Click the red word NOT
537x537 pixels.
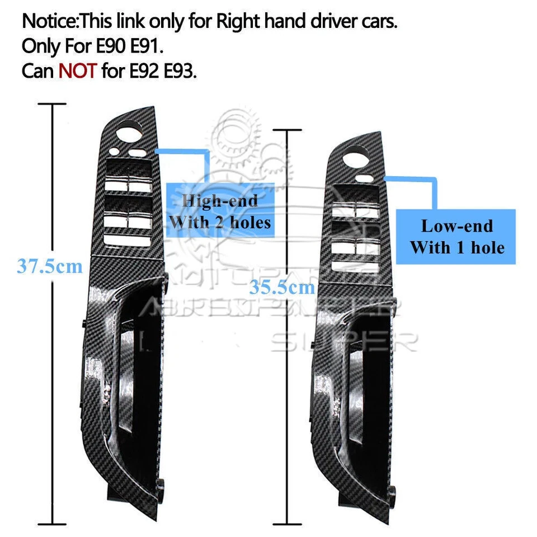click(78, 72)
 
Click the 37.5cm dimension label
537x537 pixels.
click(49, 266)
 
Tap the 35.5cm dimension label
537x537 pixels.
click(282, 288)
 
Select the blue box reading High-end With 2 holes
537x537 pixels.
click(220, 211)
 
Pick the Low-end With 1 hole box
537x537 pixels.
click(456, 237)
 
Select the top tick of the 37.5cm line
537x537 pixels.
click(54, 104)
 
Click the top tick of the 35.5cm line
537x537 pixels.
click(287, 130)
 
